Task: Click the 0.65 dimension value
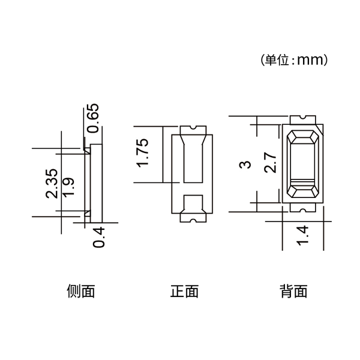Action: [93, 118]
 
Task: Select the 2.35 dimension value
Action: [52, 184]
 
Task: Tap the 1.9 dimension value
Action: [68, 187]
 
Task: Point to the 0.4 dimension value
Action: [98, 238]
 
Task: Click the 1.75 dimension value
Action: [142, 153]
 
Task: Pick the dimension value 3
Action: [245, 164]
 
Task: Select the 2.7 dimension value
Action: [270, 162]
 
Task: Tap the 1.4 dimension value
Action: [302, 236]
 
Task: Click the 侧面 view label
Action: [81, 291]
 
